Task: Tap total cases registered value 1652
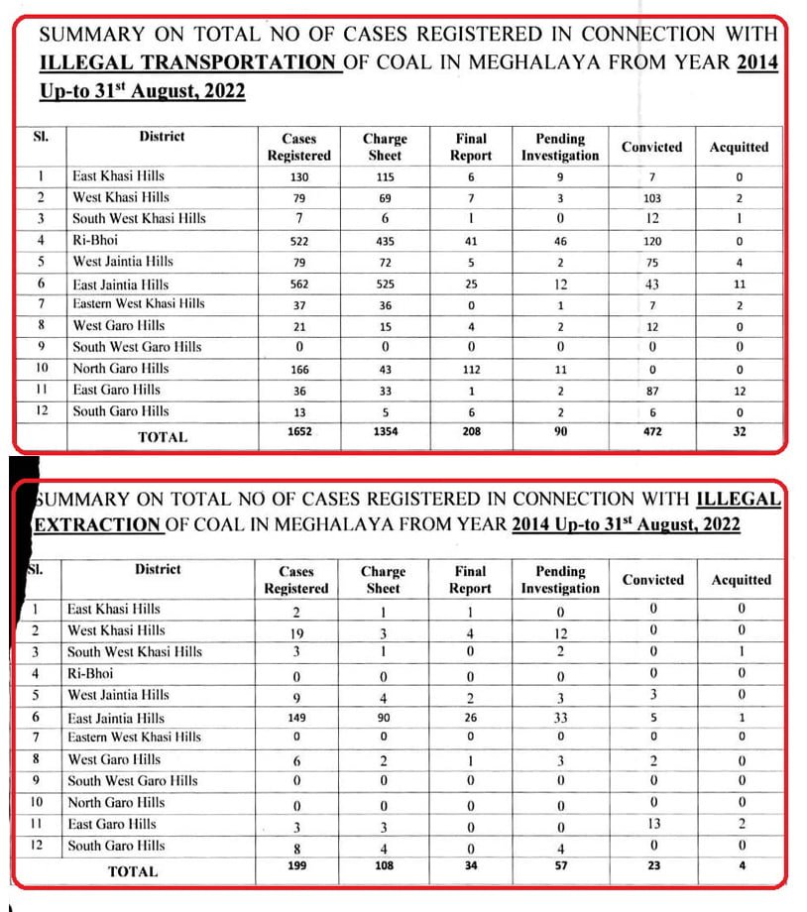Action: tap(298, 432)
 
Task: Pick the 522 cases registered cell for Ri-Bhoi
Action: tap(298, 241)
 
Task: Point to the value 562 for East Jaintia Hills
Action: tap(298, 284)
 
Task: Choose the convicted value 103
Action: tap(651, 198)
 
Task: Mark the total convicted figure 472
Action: tap(651, 432)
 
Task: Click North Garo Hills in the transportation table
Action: tap(120, 369)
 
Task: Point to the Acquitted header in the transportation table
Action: tap(739, 147)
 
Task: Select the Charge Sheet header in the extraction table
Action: tap(383, 579)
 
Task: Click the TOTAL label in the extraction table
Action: tap(133, 871)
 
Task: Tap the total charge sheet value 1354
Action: tap(384, 432)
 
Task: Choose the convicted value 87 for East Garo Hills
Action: tap(651, 391)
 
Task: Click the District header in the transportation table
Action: tap(162, 137)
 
